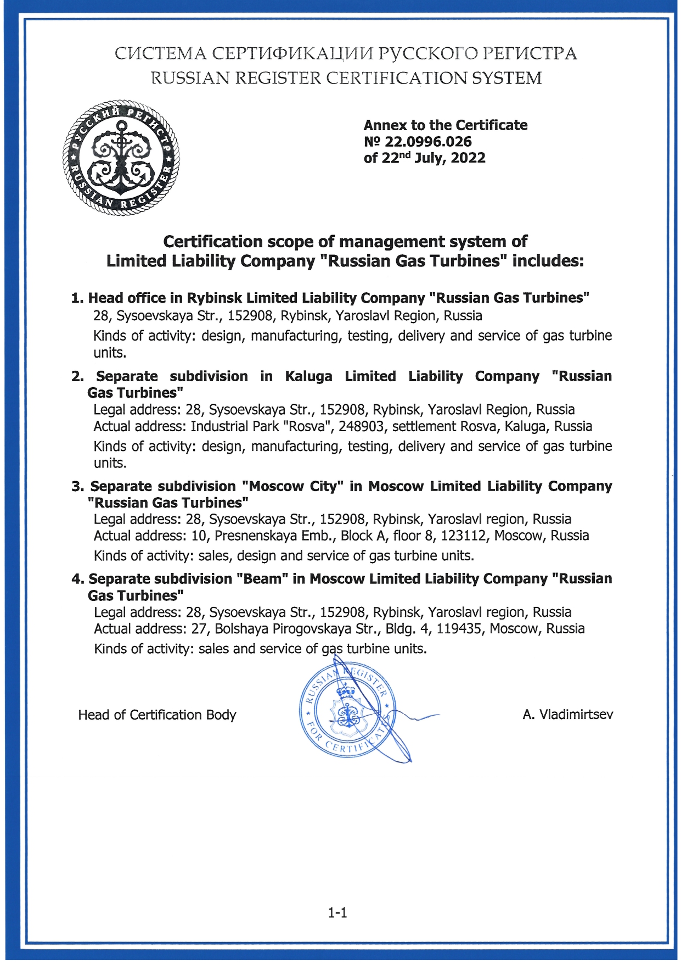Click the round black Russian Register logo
(121, 158)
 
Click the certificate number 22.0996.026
(428, 142)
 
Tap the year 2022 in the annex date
(468, 158)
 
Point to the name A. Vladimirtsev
(568, 715)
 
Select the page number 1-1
(337, 913)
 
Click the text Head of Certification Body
(157, 715)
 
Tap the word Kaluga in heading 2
(308, 376)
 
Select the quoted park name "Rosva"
(309, 427)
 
